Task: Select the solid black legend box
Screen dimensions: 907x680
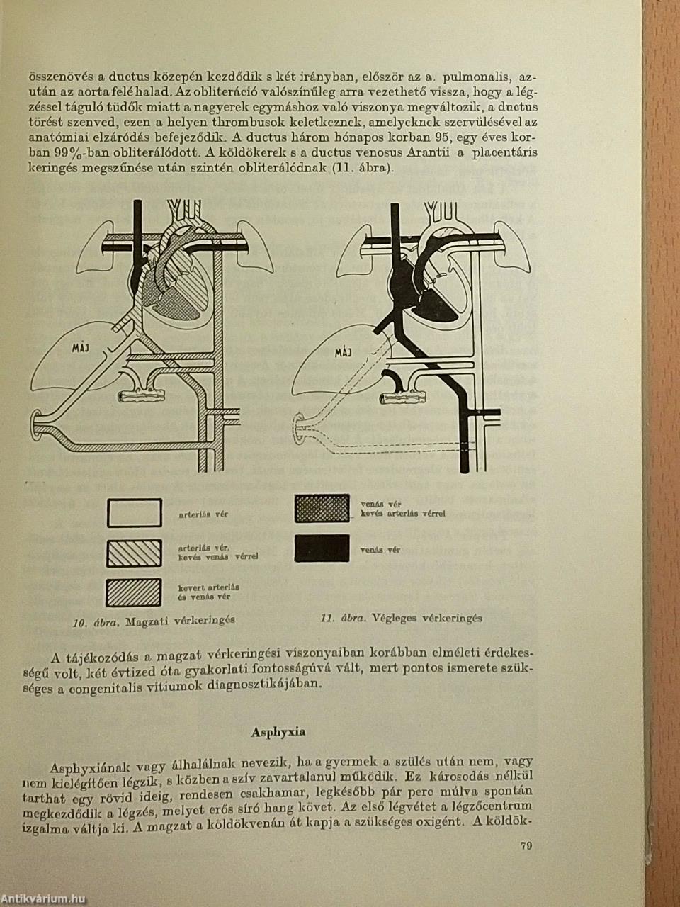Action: tap(322, 548)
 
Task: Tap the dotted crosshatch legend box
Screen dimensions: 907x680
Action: tap(322, 508)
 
